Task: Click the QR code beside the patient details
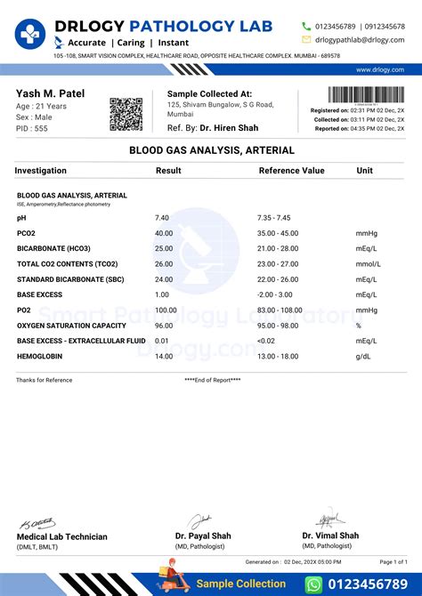126,115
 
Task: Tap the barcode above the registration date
366,95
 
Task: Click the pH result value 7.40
162,218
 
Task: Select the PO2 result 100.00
166,310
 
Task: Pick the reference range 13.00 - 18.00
278,356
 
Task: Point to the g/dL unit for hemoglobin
362,356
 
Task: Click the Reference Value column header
291,170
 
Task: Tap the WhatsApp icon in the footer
312,584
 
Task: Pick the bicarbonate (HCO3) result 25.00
164,249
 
